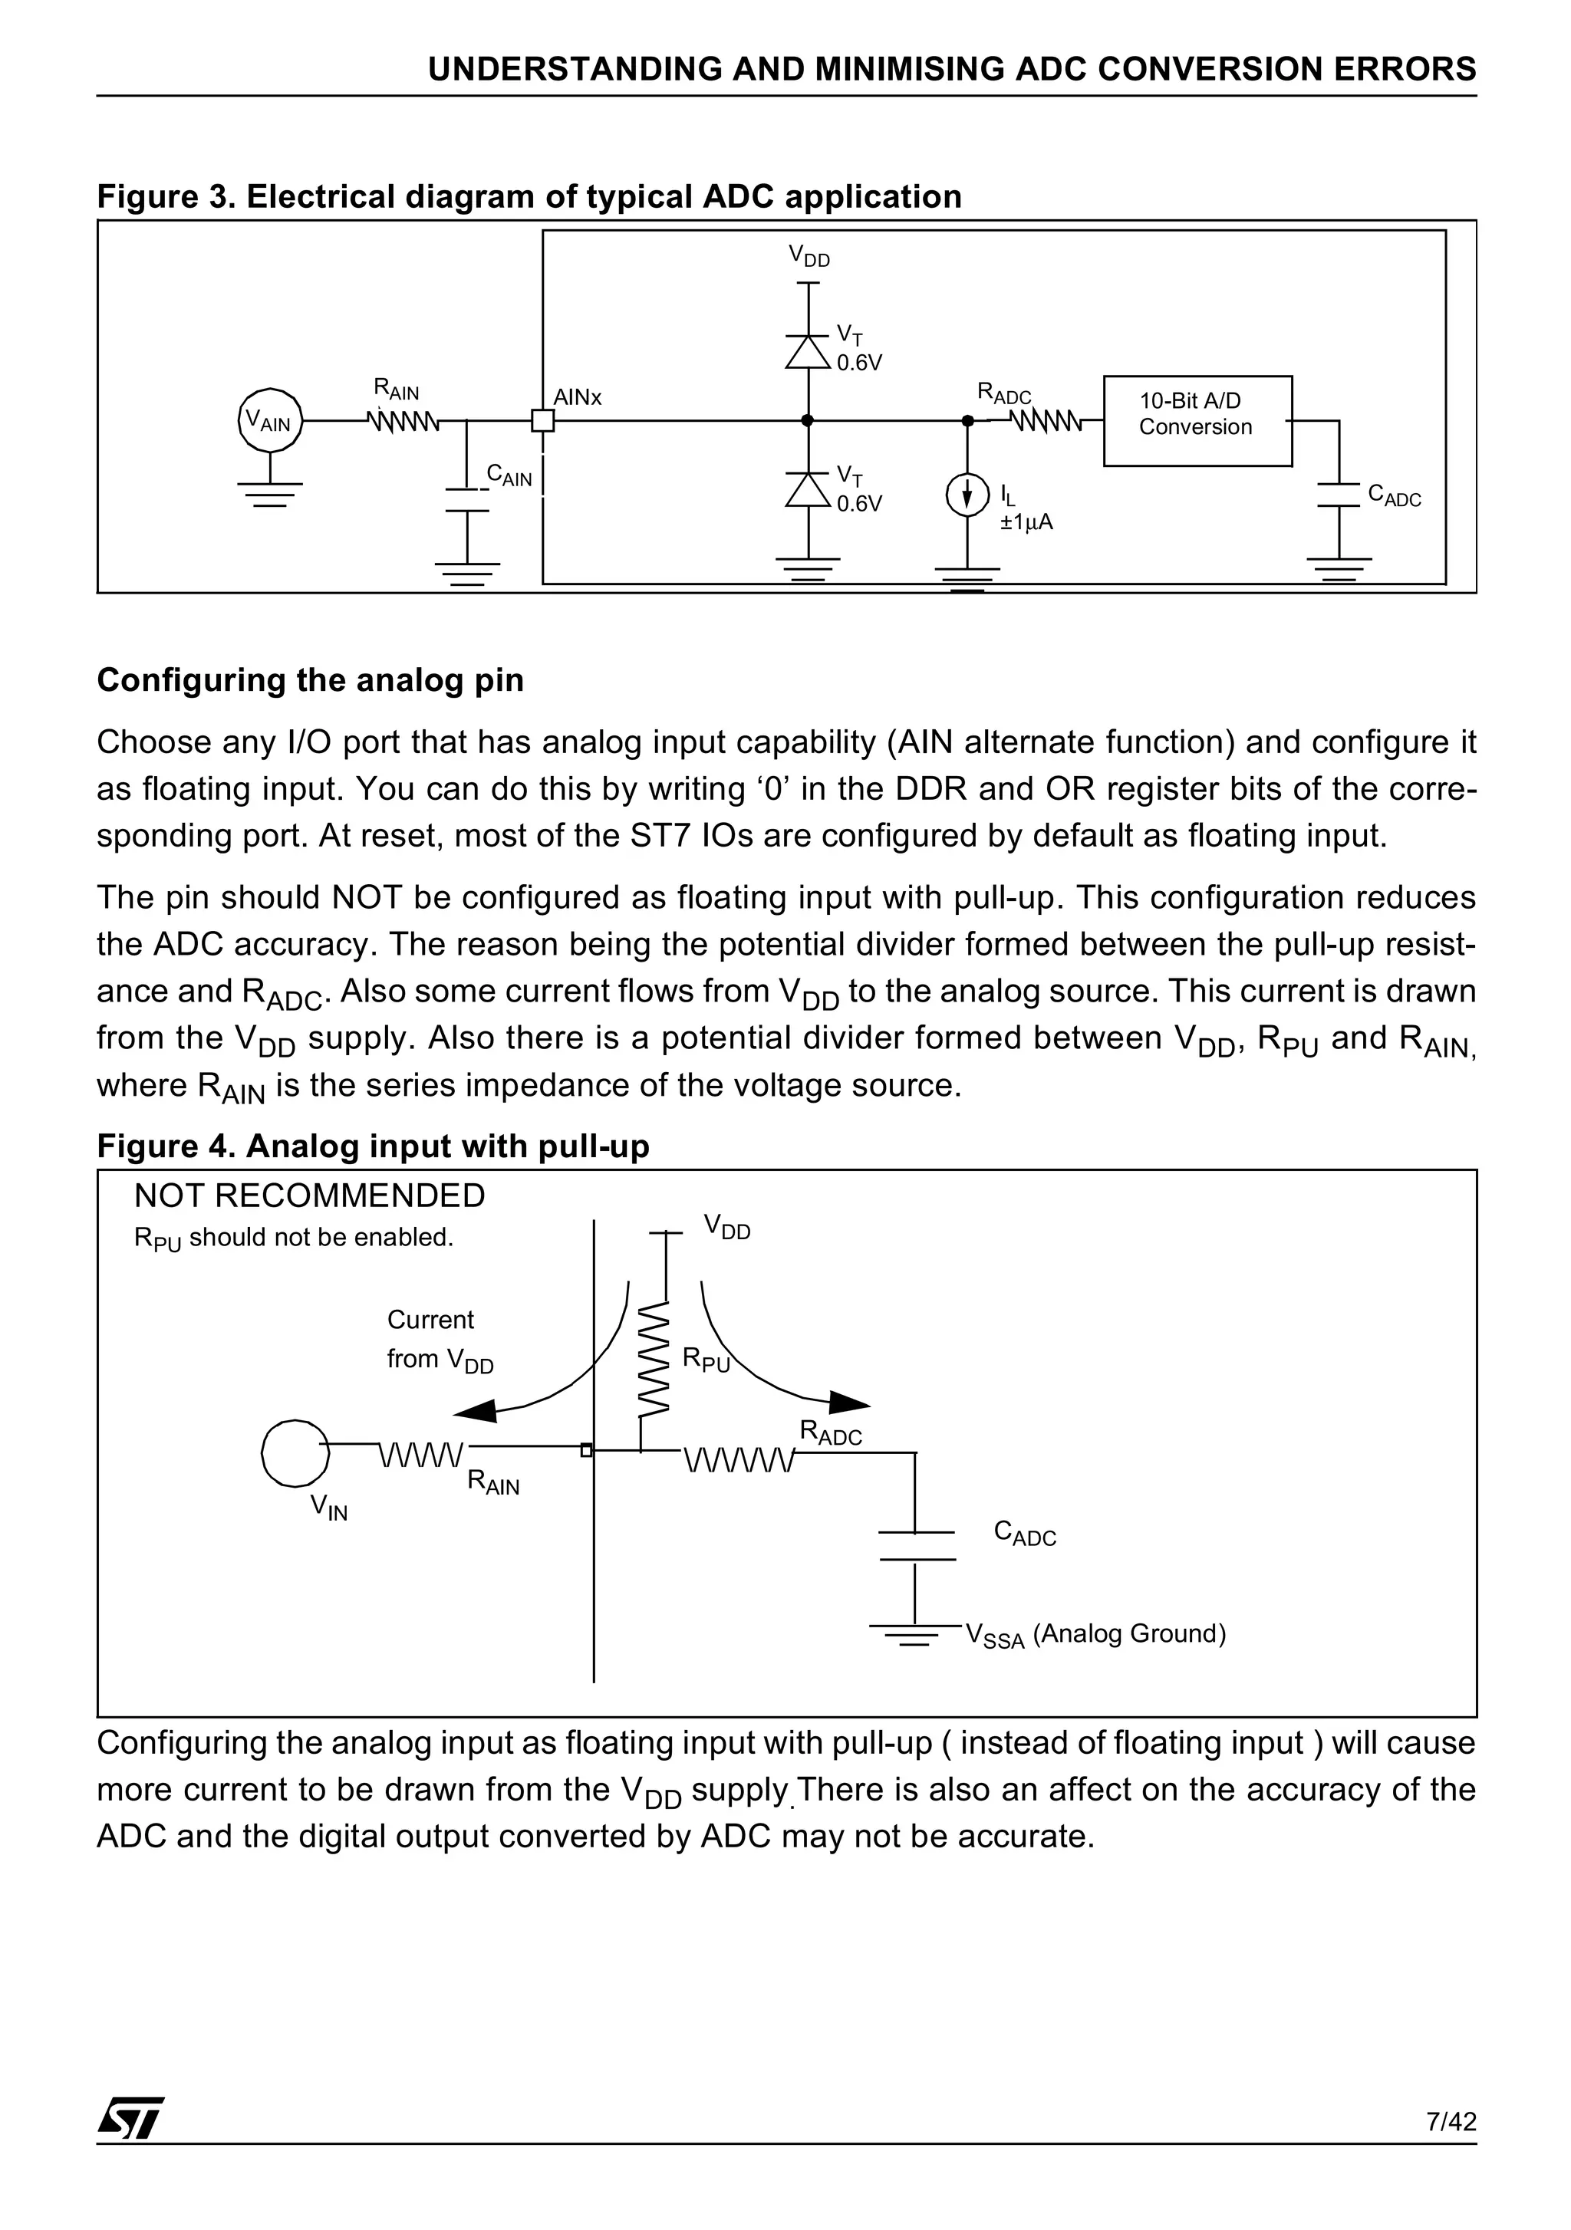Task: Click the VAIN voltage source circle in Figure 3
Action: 270,420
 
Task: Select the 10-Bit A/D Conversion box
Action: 1197,420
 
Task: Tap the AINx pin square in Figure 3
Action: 542,420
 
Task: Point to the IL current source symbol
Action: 967,496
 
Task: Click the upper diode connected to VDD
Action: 807,350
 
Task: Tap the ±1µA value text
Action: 1026,522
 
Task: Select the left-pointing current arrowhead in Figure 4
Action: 476,1410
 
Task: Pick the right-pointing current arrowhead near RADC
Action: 848,1402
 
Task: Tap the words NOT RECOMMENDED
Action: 309,1196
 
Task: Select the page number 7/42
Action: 1451,2121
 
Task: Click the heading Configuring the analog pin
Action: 310,680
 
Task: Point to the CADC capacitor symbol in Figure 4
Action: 915,1545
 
